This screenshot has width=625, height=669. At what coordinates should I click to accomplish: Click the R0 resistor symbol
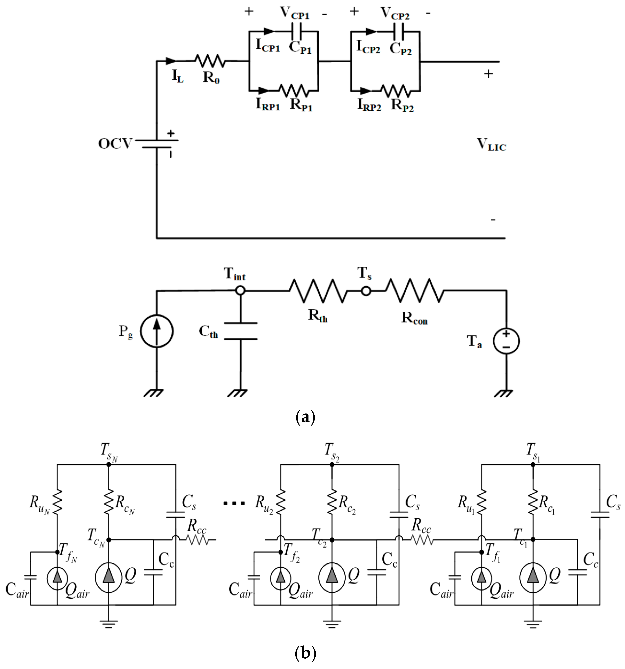pos(210,61)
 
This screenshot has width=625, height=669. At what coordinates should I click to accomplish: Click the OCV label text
pos(115,144)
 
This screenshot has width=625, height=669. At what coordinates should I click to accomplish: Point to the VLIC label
pos(491,145)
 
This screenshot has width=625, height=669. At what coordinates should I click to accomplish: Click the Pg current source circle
pos(156,331)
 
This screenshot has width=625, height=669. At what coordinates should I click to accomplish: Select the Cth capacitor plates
pos(240,331)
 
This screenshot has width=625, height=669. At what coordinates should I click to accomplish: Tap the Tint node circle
pos(240,290)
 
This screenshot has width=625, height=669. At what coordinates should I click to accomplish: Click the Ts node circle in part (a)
pos(366,291)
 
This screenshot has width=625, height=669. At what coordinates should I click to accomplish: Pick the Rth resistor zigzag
pos(318,291)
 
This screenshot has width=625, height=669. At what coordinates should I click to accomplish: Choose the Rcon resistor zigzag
pos(415,291)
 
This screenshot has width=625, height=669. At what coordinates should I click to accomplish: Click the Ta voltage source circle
pos(506,341)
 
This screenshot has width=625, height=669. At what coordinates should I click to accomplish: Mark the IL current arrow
pos(171,61)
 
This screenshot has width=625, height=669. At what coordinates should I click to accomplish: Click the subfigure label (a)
pos(305,417)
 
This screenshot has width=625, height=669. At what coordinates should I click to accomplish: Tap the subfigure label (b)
pos(305,653)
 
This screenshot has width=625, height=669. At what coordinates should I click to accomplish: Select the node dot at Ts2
pos(332,464)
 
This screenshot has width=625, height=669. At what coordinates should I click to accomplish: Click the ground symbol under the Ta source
pos(503,393)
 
